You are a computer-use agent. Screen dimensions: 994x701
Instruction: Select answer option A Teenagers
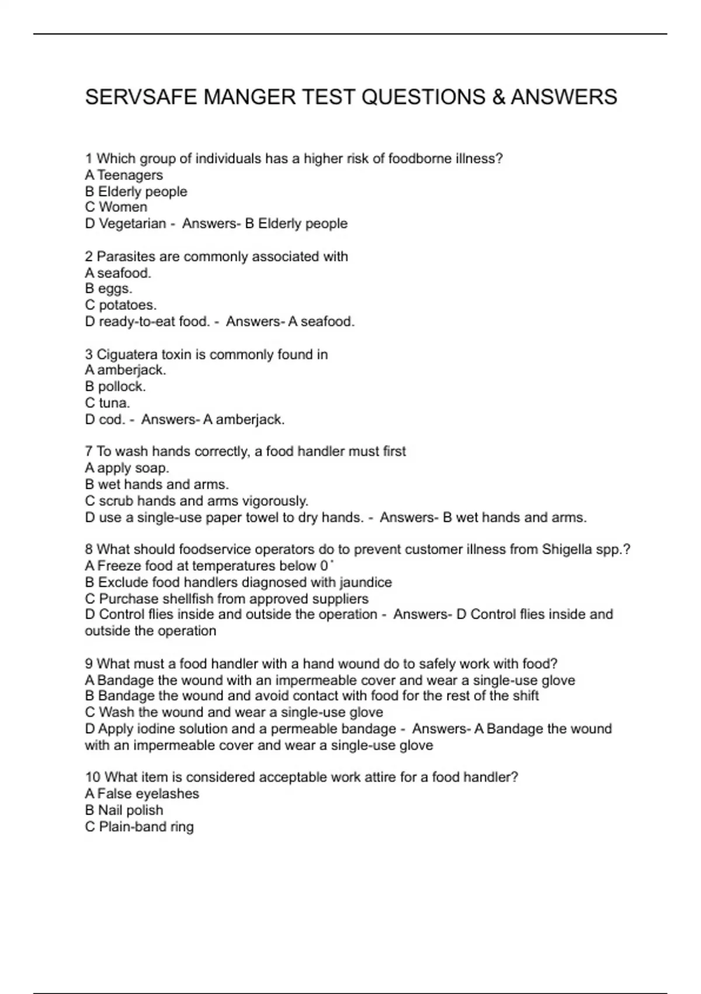click(124, 175)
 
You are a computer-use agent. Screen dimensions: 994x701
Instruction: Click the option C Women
click(116, 207)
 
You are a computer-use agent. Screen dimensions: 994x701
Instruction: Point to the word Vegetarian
click(133, 223)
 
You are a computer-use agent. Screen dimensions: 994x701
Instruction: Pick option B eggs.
click(109, 289)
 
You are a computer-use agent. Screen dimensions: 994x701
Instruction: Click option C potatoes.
click(121, 305)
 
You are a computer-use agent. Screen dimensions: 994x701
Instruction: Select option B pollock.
click(115, 386)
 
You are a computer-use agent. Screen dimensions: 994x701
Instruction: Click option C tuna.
click(107, 403)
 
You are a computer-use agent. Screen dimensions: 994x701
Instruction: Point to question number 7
click(89, 451)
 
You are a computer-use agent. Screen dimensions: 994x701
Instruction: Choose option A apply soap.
click(127, 468)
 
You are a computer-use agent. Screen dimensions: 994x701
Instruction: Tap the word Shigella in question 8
click(567, 550)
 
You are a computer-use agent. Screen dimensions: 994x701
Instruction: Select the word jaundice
click(366, 582)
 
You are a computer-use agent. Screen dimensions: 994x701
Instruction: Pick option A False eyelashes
click(142, 793)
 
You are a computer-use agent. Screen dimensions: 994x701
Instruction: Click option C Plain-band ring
click(139, 827)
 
